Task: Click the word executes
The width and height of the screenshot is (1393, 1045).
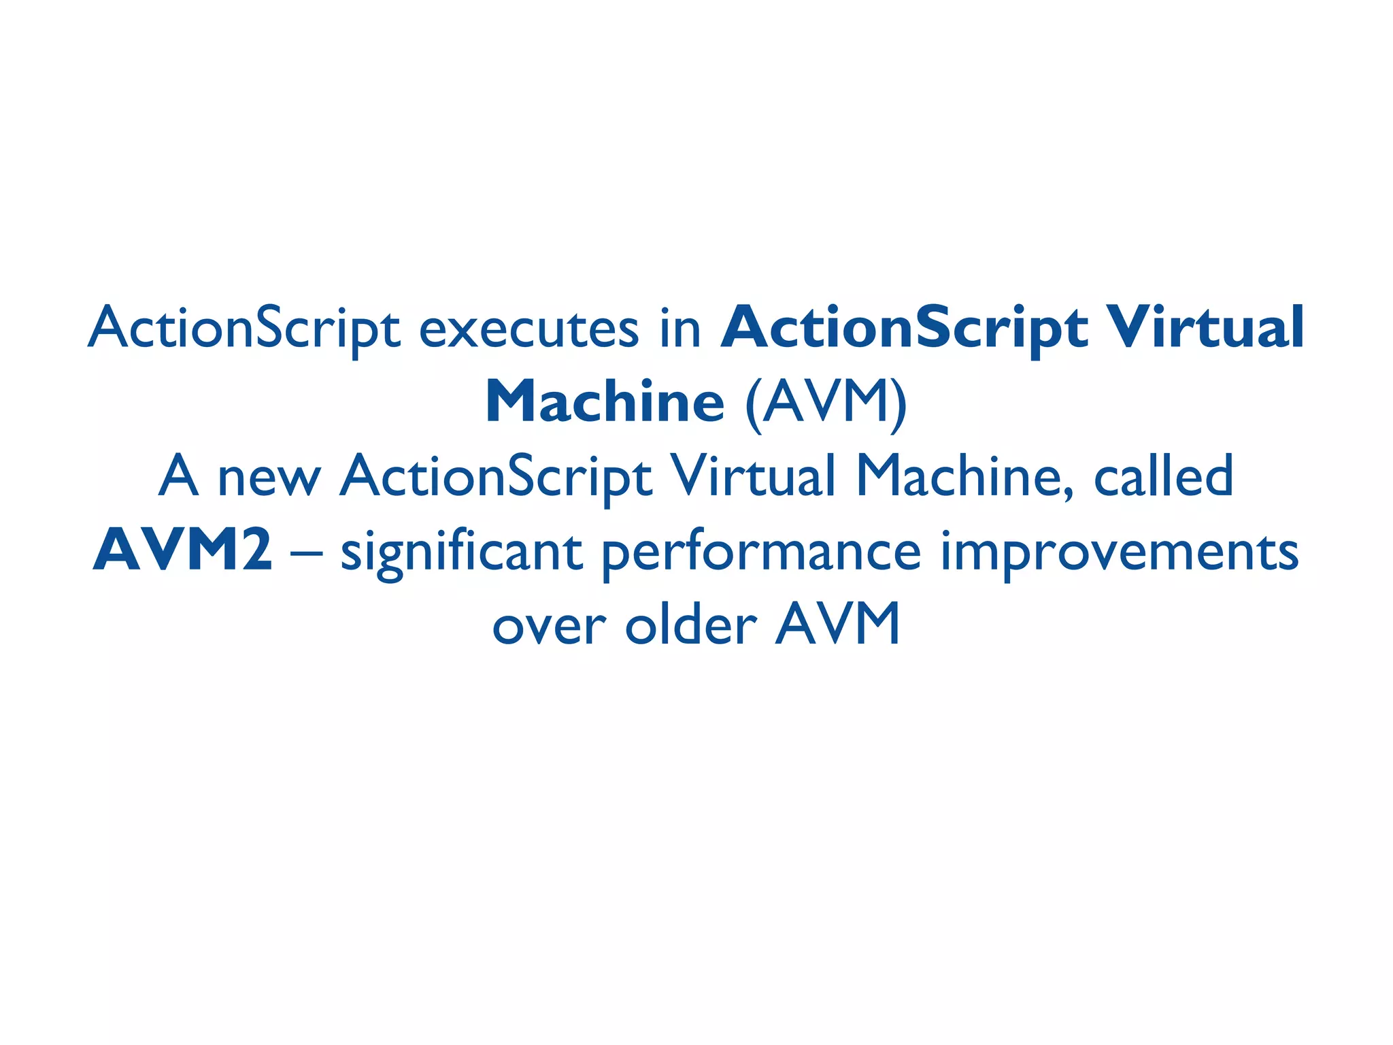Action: tap(528, 329)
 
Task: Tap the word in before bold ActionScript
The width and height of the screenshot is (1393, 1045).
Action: tap(680, 329)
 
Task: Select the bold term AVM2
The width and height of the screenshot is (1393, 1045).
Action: tap(182, 551)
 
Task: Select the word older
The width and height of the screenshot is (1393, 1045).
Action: tap(690, 625)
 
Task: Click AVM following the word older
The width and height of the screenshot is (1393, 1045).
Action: tap(838, 625)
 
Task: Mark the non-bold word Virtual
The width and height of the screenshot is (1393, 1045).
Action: tap(752, 476)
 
